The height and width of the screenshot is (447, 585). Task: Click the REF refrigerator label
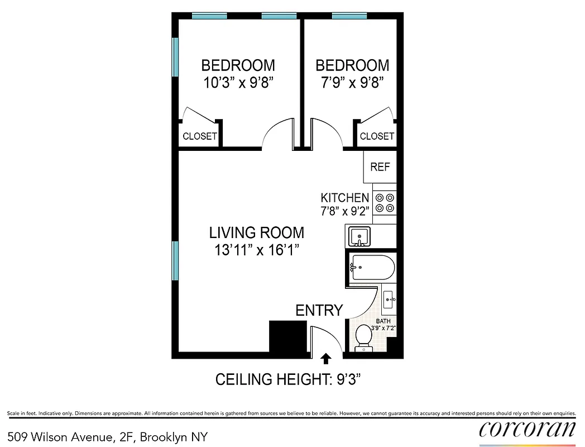click(380, 167)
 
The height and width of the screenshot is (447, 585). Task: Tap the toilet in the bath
click(363, 337)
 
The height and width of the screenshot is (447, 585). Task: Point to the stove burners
click(385, 202)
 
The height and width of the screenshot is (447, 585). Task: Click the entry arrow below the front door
click(325, 358)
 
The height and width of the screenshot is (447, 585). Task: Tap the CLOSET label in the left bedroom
click(200, 136)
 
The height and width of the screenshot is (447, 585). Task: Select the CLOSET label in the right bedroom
click(377, 136)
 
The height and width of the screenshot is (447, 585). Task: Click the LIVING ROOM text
click(257, 232)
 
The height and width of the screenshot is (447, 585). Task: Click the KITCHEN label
click(344, 197)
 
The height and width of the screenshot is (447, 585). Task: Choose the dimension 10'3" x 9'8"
click(238, 83)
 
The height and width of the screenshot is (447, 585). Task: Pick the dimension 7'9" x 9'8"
click(352, 83)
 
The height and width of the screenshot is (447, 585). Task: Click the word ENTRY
click(319, 311)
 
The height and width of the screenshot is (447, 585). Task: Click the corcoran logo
click(527, 429)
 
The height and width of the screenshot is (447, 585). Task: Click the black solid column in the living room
click(288, 336)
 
